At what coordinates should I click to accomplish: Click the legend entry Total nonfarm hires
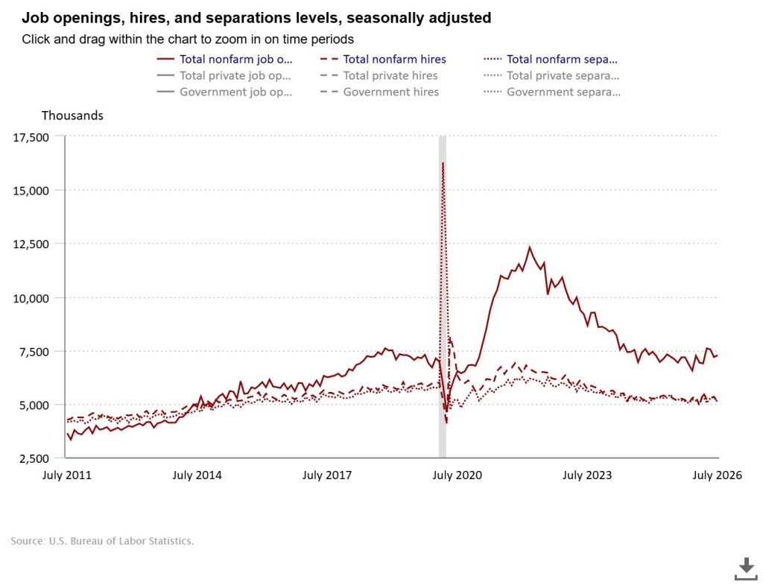[383, 60]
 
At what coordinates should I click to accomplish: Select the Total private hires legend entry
[379, 75]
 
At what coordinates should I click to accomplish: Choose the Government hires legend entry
[379, 92]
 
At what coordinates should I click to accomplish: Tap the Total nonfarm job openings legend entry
[224, 60]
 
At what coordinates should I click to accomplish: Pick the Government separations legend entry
[552, 92]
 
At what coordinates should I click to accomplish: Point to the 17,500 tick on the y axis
[31, 137]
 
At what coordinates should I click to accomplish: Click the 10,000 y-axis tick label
[31, 298]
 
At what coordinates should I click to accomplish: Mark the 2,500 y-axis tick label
[34, 458]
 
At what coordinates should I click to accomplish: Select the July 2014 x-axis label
[197, 475]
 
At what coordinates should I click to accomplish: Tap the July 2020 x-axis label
[457, 475]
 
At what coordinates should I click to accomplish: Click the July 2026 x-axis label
[718, 475]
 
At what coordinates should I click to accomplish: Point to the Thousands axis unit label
[72, 116]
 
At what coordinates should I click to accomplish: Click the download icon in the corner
[745, 569]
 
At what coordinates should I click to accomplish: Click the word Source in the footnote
[27, 541]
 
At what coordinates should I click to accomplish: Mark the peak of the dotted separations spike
[443, 162]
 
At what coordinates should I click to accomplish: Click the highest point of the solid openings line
[530, 247]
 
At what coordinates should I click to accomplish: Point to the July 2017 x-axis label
[327, 475]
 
